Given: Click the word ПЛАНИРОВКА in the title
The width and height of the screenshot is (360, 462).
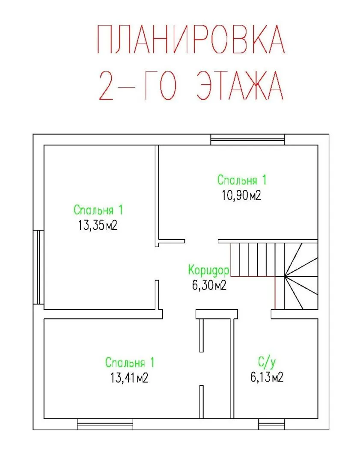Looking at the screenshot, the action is coord(191,40).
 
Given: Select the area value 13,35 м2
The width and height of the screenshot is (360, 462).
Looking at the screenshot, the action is coord(98,226).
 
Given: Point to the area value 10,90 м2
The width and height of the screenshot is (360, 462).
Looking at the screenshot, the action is coord(241,195).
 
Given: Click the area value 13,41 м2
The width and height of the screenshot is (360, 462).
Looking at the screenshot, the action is coord(129,378).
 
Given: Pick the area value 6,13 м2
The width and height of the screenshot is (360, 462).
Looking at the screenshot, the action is coord(267,377).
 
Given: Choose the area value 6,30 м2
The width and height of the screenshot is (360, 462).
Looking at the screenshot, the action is coord(209,285).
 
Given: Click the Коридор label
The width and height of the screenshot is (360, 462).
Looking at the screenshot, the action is coord(209,270).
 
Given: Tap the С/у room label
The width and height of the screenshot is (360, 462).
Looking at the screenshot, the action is coord(267,362).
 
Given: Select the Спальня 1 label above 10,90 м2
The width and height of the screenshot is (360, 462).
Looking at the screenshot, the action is coord(242,180).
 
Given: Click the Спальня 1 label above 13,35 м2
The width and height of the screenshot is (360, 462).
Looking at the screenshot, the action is coord(98,210).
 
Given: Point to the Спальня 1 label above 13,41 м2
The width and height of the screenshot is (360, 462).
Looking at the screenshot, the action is coord(130,362).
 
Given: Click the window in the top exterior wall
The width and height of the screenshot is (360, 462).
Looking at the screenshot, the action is coord(248,139).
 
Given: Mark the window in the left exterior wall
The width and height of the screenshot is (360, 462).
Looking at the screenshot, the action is coord(39,267).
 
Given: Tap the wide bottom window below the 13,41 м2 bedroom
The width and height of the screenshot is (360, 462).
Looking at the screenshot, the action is coord(105,424).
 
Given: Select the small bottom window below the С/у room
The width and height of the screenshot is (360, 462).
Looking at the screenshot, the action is coord(271,424).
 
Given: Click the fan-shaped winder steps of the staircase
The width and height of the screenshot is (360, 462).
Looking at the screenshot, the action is coord(301,276).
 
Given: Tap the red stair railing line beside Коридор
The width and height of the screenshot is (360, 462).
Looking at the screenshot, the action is coord(253,276).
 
